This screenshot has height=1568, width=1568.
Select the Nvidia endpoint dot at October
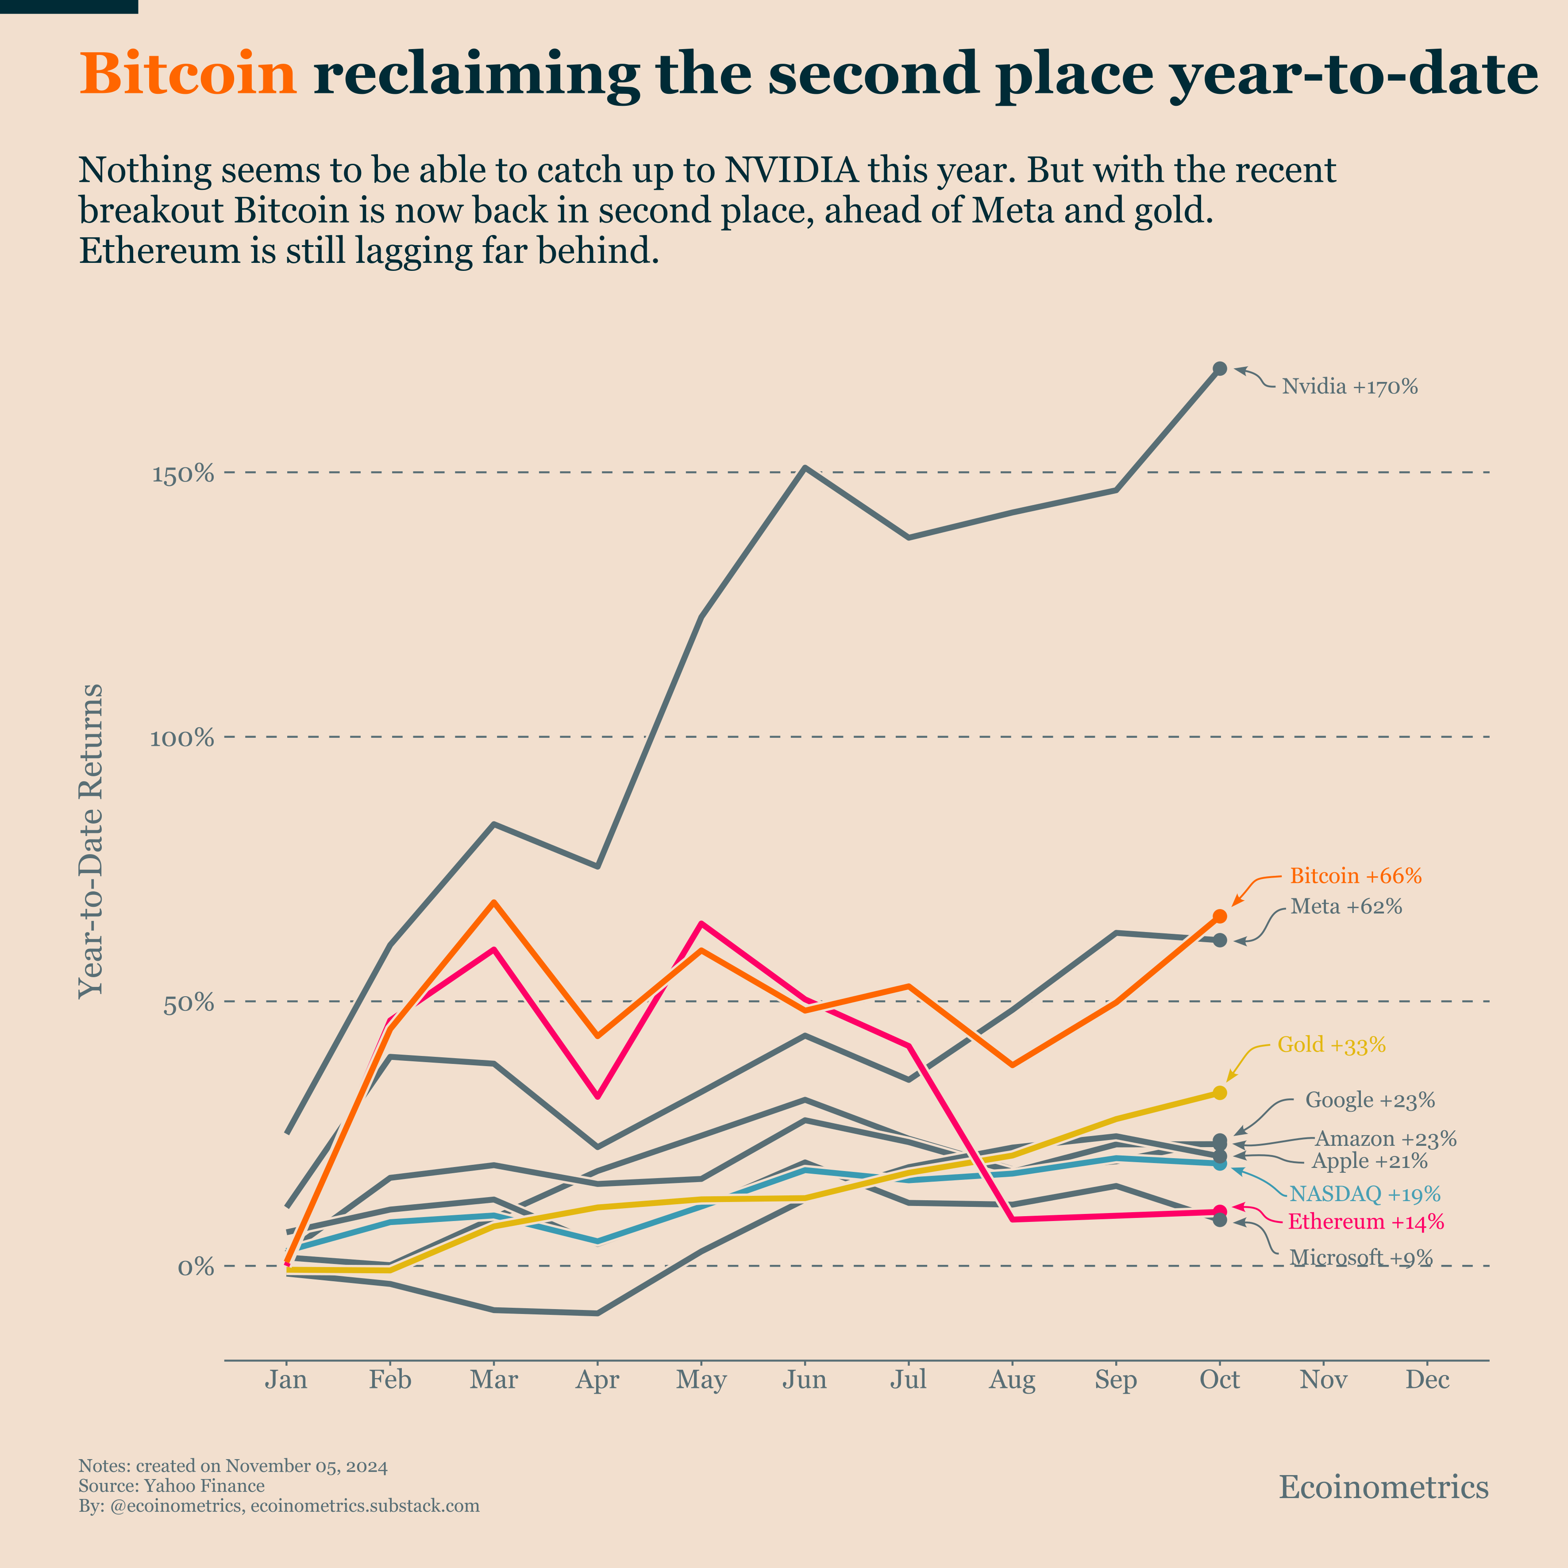coord(1219,369)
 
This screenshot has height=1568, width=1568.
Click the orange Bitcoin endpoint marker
coord(1219,916)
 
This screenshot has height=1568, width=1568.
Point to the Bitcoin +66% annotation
coord(1356,876)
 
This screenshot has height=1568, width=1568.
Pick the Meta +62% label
coord(1346,906)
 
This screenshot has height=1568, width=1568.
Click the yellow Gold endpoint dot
coord(1219,1093)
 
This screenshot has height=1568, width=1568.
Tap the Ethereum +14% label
coord(1366,1221)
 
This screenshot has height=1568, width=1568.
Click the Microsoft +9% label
coord(1361,1258)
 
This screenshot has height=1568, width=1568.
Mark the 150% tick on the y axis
coord(183,474)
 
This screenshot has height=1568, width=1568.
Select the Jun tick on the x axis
coord(804,1380)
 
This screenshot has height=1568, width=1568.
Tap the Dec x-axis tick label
coord(1427,1380)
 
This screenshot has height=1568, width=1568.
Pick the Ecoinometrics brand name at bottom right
coord(1383,1487)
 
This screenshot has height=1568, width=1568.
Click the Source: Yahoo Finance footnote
coord(171,1486)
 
